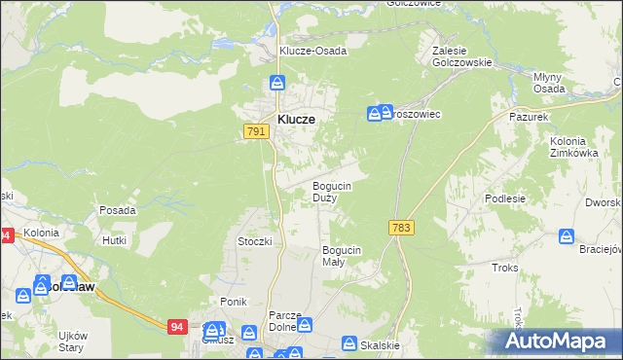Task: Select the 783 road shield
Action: [x=401, y=227]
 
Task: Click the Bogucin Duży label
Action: [x=331, y=191]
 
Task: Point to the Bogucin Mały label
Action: [x=342, y=256]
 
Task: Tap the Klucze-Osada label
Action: [x=313, y=51]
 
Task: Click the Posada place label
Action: [x=118, y=210]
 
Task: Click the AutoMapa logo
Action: [x=559, y=342]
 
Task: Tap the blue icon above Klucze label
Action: [x=277, y=85]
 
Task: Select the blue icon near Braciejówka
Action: [x=567, y=236]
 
